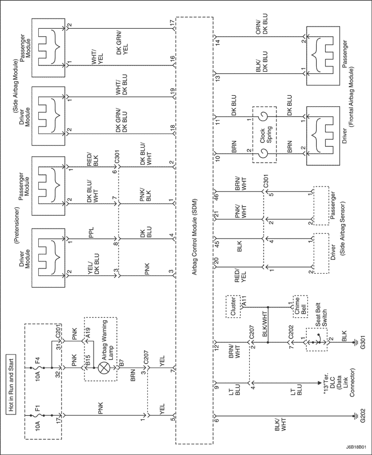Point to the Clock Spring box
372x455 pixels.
[264, 135]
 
